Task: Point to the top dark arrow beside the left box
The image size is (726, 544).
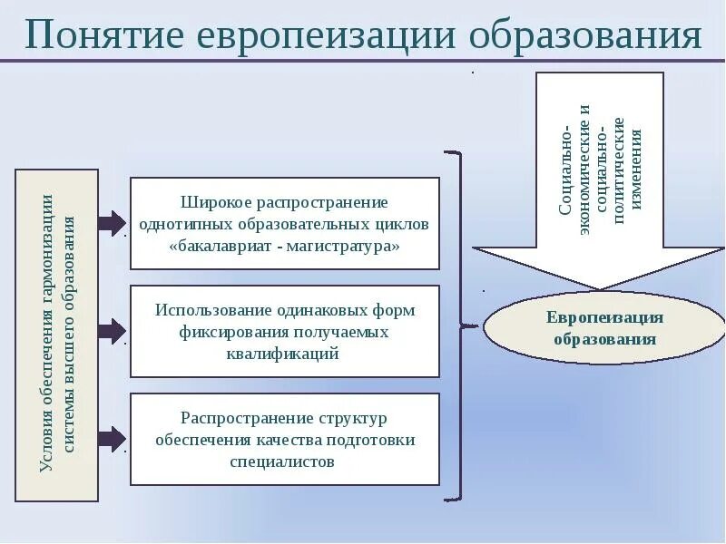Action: [x=112, y=222]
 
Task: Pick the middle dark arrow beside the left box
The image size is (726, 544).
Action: [x=112, y=330]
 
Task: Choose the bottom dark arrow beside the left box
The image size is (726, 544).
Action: [x=112, y=439]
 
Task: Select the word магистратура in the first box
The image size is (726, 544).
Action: [x=349, y=246]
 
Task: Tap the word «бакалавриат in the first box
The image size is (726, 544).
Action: [x=216, y=246]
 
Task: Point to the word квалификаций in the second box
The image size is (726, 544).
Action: [x=283, y=355]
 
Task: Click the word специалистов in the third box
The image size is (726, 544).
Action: [x=283, y=461]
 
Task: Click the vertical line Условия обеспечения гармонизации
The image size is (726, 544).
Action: [x=47, y=334]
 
